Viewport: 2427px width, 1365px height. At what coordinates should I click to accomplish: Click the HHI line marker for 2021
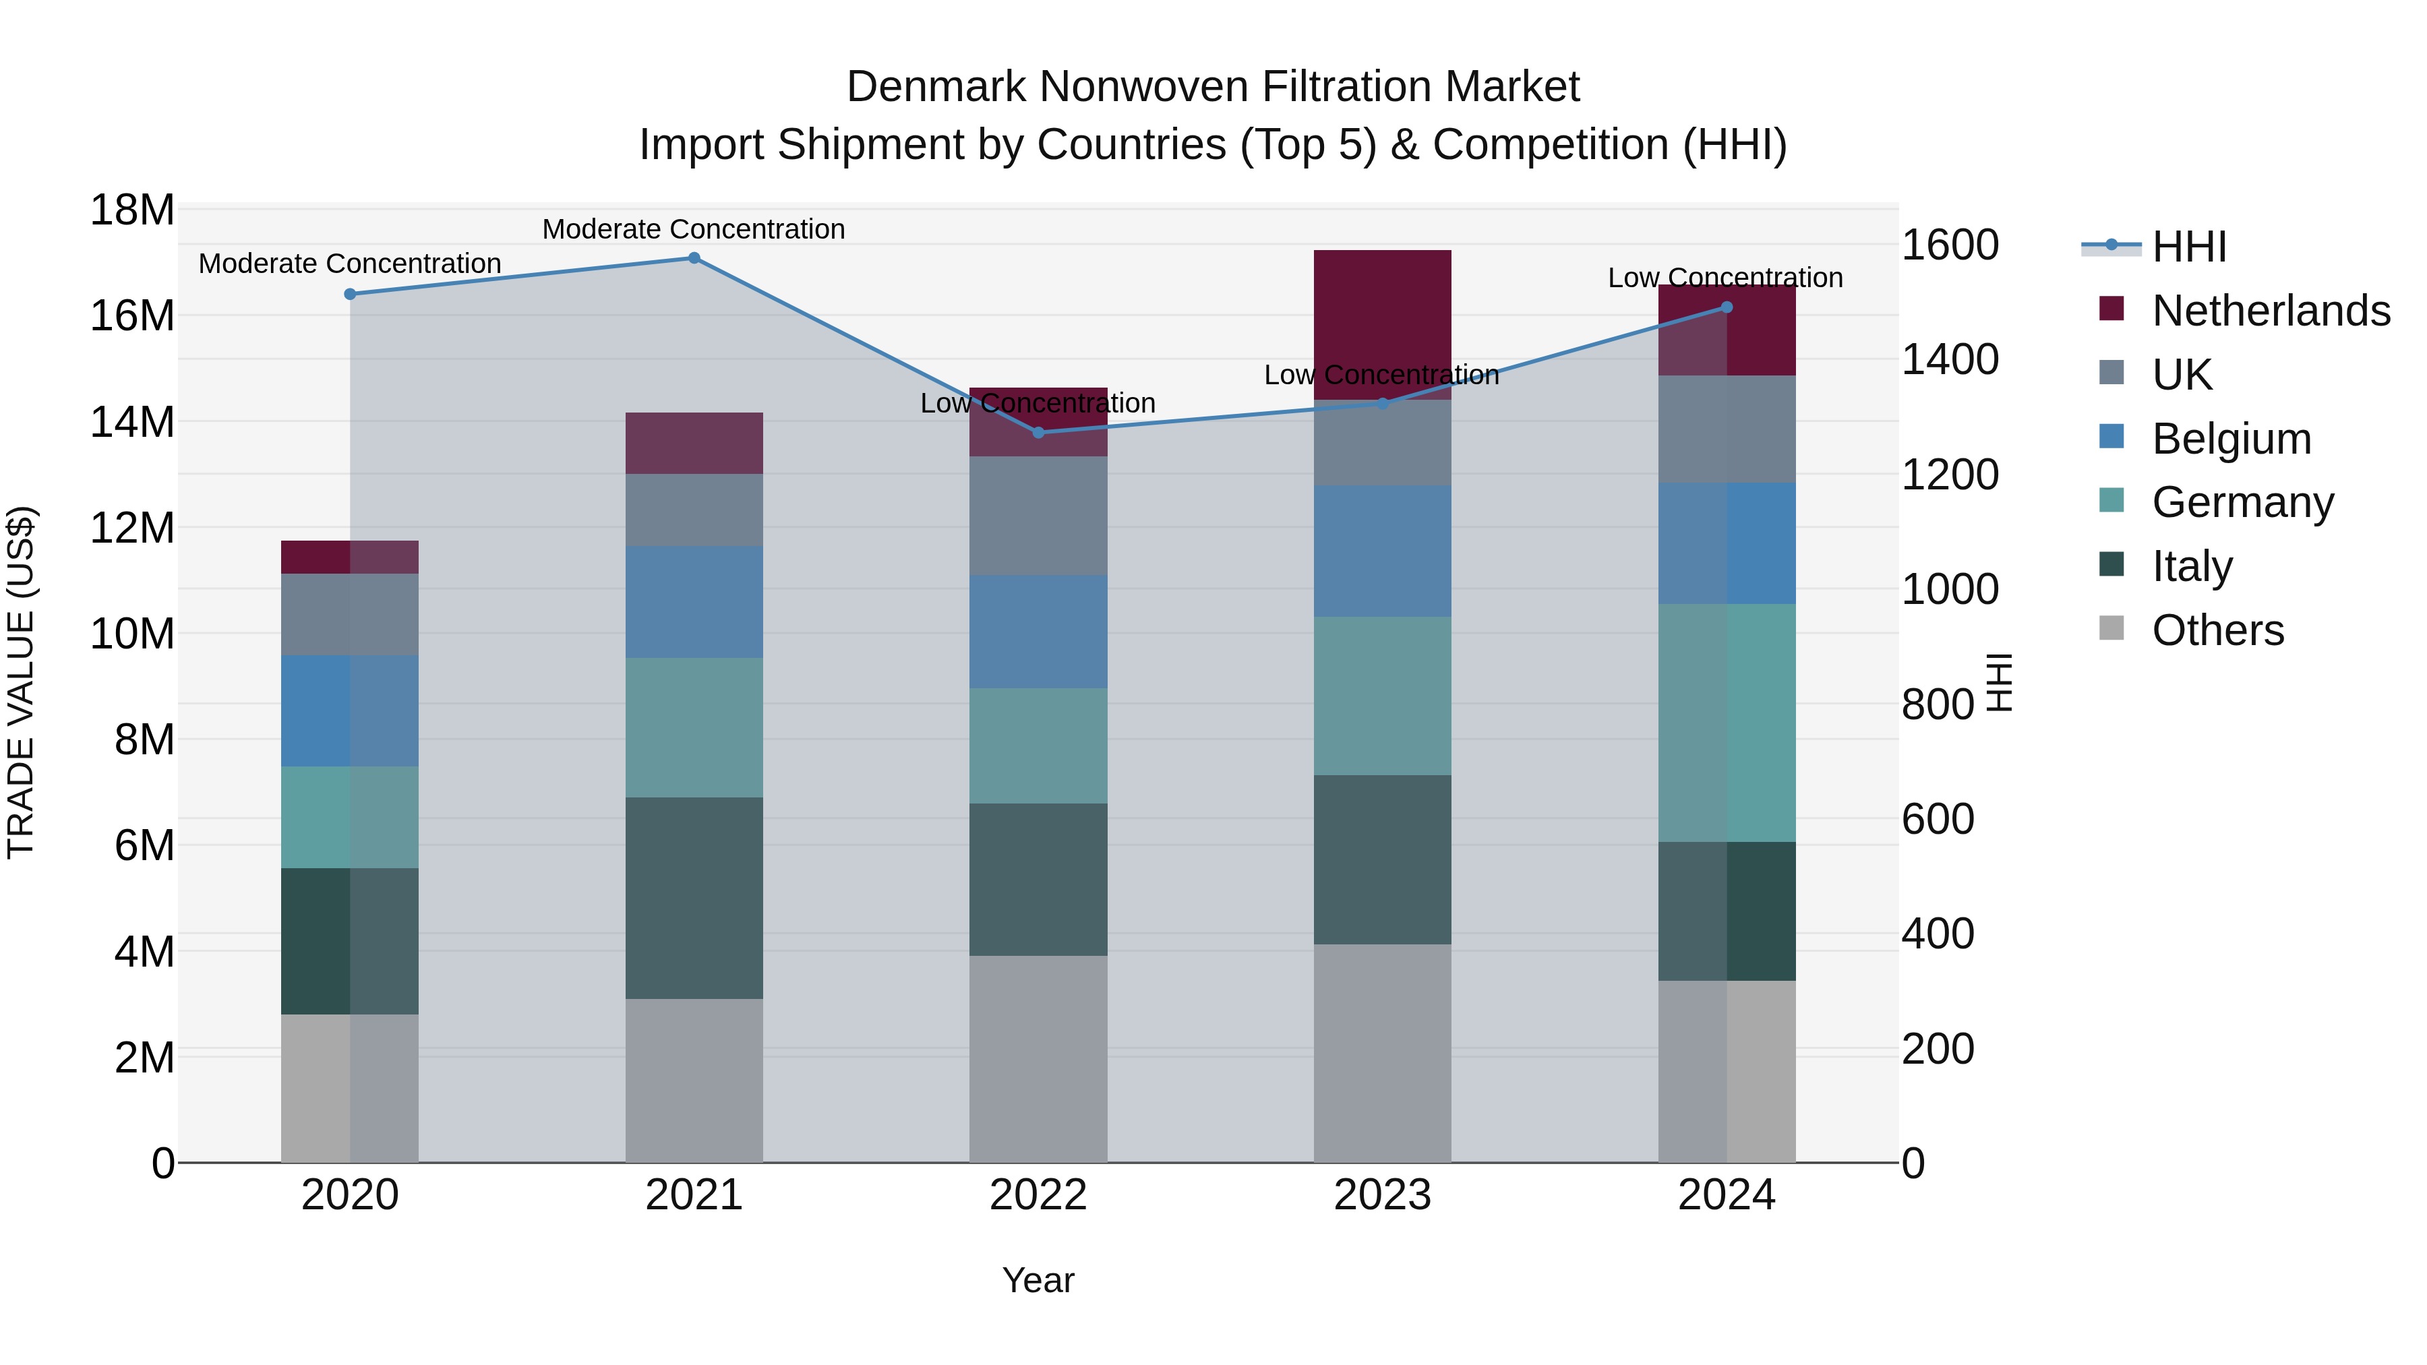(694, 258)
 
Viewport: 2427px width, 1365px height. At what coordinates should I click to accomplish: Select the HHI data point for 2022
(1038, 432)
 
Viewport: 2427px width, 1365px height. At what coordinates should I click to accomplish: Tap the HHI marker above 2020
(351, 294)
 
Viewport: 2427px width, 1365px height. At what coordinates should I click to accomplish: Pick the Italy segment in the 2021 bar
(694, 898)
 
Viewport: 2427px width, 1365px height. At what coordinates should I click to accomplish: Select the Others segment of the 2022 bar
(1038, 1059)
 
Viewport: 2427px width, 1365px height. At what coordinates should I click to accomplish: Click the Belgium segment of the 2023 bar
(1382, 551)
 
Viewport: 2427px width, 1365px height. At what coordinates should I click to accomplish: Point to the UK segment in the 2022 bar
(1038, 516)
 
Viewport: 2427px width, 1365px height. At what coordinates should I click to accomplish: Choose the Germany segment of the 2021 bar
(694, 727)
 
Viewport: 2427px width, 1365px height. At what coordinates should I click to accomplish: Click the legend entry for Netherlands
(2270, 311)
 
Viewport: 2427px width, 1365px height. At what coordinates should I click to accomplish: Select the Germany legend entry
(2242, 502)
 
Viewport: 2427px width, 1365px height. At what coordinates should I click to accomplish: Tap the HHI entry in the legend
(2188, 247)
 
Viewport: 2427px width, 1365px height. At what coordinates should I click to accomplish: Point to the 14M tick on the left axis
(132, 422)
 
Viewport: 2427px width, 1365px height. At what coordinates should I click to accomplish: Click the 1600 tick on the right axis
(1949, 245)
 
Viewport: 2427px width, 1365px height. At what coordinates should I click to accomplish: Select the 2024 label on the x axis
(1726, 1195)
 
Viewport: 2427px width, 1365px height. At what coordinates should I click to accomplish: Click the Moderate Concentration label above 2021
(694, 229)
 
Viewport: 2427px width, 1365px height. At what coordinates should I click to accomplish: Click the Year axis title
(1038, 1280)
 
